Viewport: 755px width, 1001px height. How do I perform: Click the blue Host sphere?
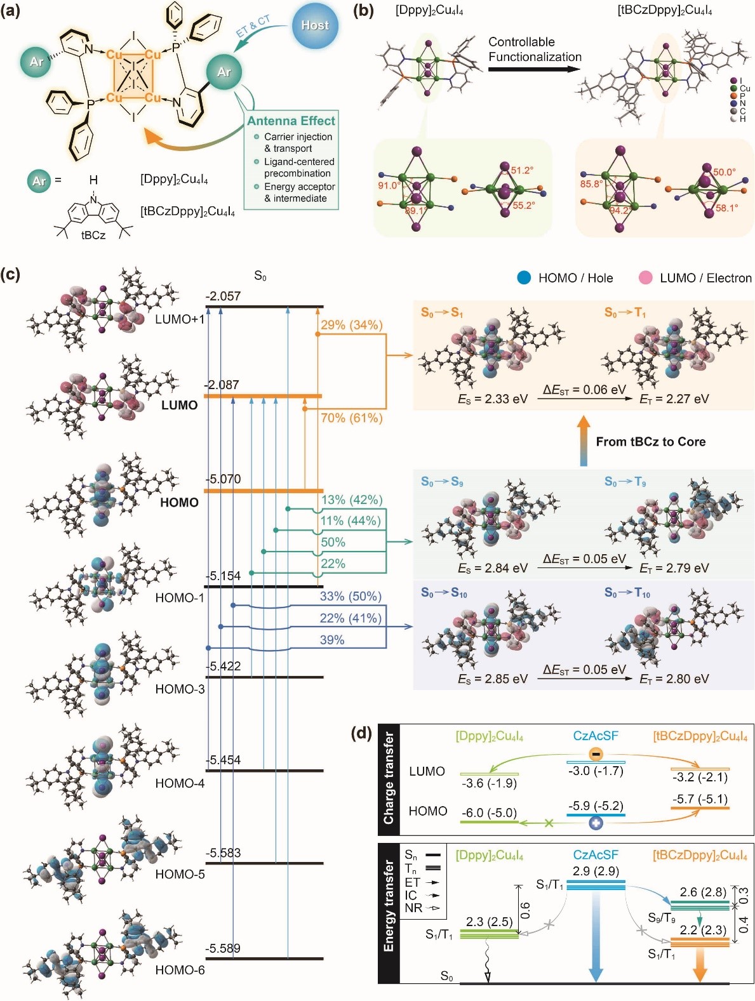315,26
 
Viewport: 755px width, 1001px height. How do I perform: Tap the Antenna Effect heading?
291,121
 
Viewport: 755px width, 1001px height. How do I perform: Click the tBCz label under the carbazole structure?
93,235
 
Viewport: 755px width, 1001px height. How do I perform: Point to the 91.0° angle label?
389,185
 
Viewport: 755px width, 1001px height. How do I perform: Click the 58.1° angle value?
726,208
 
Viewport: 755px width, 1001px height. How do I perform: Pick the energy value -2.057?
223,296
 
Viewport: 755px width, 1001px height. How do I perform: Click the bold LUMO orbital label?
179,405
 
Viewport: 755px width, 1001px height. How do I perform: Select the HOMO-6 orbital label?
180,970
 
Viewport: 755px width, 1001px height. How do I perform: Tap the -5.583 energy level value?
223,852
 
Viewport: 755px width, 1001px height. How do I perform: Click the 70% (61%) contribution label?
351,418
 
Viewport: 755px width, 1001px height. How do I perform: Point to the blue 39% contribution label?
332,640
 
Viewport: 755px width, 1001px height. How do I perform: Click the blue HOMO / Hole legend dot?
524,277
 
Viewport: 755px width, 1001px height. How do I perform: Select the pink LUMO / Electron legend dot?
646,277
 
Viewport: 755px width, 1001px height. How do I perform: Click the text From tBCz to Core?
650,442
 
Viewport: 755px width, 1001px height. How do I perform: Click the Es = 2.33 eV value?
493,399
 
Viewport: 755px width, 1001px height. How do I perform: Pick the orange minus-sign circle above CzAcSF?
596,754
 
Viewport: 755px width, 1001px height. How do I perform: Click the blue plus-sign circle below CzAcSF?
596,823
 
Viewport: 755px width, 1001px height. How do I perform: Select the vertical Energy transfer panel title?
389,906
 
